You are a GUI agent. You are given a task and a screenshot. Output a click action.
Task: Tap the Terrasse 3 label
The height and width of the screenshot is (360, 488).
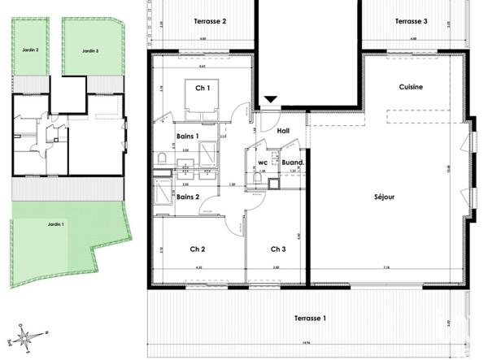click(412, 21)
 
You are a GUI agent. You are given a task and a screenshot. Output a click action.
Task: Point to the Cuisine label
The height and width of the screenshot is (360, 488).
click(412, 87)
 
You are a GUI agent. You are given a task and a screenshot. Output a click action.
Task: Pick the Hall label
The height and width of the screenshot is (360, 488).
click(284, 130)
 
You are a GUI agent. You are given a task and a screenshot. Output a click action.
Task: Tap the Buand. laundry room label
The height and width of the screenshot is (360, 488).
click(293, 163)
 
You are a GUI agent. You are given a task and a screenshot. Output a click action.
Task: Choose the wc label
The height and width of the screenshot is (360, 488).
click(263, 163)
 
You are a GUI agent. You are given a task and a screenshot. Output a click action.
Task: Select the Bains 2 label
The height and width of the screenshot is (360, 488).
click(189, 197)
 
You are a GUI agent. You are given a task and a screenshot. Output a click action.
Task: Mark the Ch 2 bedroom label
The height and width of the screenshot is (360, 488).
click(197, 249)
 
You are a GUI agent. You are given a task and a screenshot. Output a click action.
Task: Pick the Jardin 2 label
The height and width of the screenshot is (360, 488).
click(31, 50)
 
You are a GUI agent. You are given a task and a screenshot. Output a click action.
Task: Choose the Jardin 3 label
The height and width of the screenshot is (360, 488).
click(90, 50)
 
